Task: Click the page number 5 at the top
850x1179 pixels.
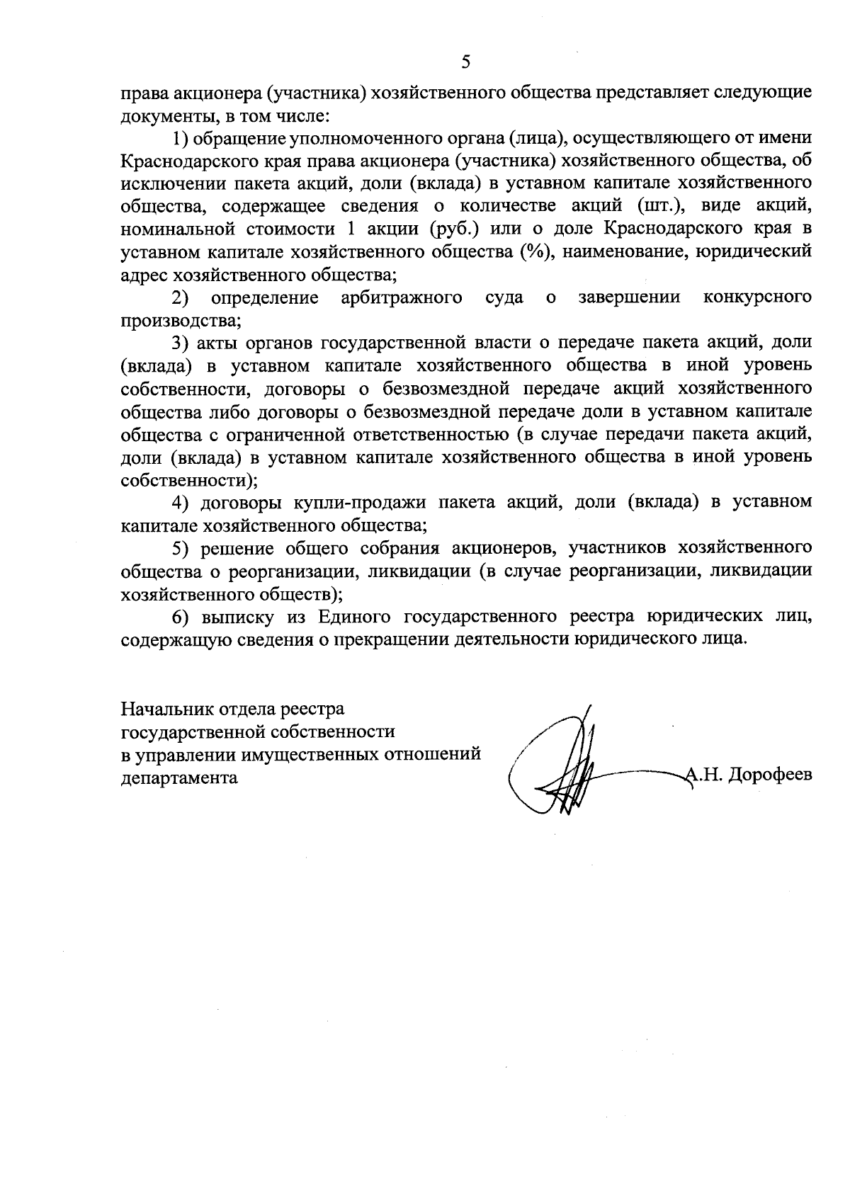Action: (465, 62)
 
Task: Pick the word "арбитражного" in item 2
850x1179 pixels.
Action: (402, 297)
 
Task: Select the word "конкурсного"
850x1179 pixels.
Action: (757, 297)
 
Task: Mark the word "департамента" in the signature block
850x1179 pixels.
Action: (179, 777)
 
